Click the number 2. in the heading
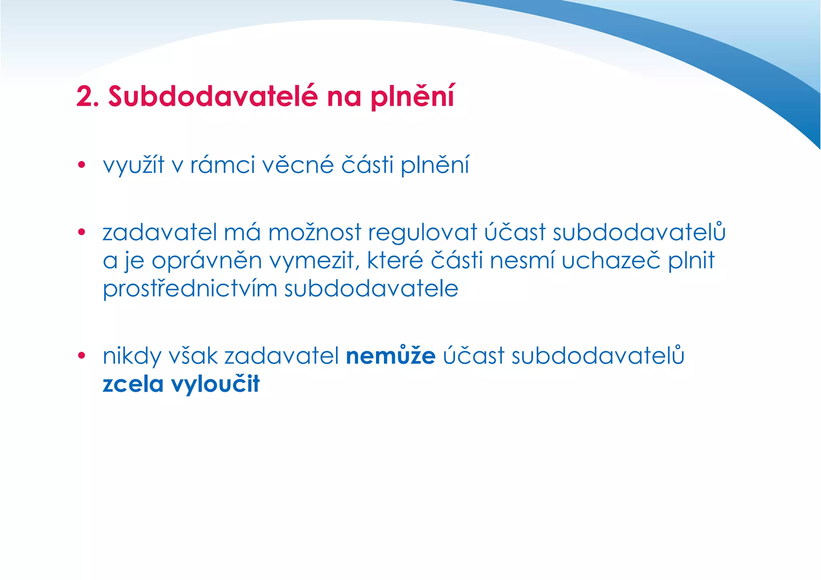pos(87,97)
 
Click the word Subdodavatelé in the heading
pos(213,97)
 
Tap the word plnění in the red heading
pos(413,97)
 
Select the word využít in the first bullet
pos(133,165)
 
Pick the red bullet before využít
pos(82,165)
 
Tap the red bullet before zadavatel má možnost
pos(82,232)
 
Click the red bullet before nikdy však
pos(82,355)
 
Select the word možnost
pos(315,233)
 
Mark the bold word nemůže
pos(390,356)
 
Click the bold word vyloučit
pos(215,384)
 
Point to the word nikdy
pos(132,356)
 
